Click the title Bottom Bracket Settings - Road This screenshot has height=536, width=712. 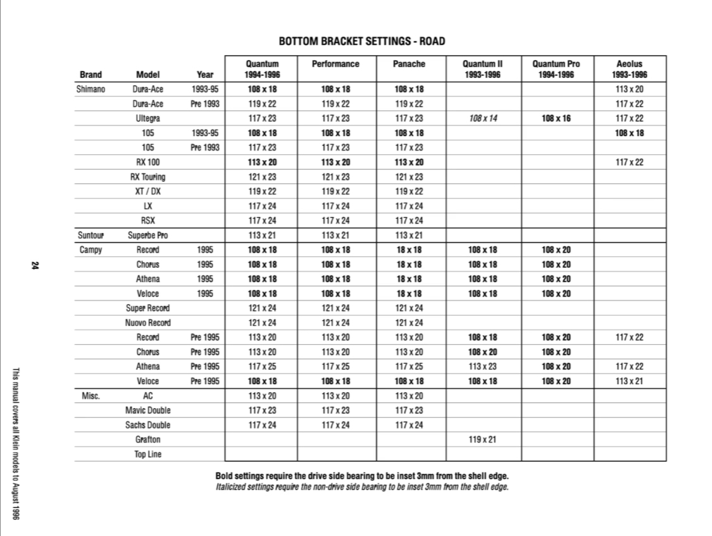[362, 42]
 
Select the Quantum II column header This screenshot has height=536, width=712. [482, 69]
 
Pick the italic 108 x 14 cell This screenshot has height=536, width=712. [482, 118]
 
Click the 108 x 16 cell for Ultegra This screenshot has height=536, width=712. [557, 118]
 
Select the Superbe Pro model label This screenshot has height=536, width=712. [147, 235]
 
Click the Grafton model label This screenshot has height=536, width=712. [147, 439]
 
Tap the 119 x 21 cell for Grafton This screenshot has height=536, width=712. [482, 439]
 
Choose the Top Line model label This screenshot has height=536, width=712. [147, 454]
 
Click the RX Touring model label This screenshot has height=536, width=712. [147, 177]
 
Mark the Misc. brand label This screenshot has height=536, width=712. [91, 396]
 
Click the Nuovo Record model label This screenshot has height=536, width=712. [147, 323]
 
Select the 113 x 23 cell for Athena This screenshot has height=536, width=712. [482, 366]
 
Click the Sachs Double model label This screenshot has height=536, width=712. [147, 425]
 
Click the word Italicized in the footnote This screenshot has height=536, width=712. [234, 487]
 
